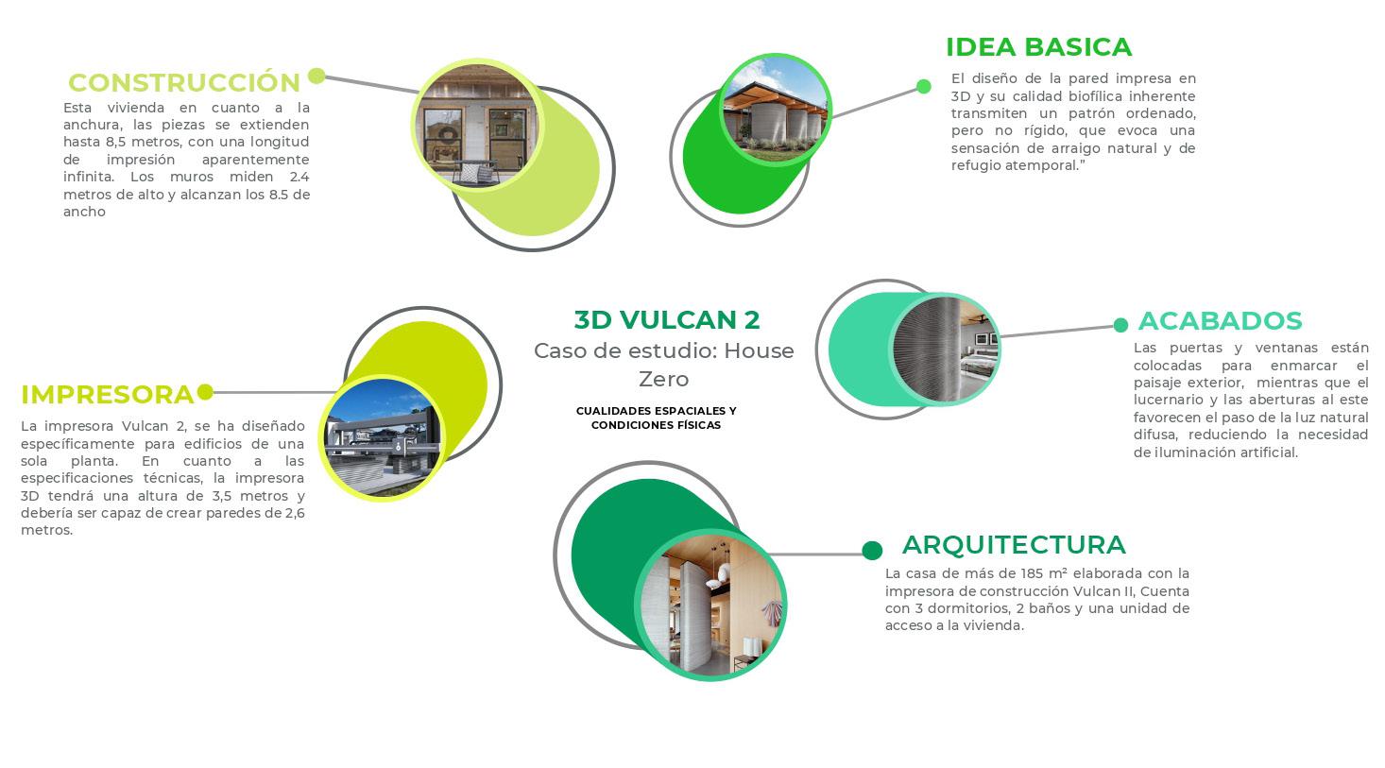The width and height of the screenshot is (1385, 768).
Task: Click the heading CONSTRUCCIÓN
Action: [x=183, y=81]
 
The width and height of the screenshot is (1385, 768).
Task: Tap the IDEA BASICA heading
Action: [x=1039, y=47]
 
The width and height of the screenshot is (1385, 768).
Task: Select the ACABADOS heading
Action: [x=1220, y=321]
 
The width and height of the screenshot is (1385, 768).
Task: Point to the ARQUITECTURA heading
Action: [x=1014, y=545]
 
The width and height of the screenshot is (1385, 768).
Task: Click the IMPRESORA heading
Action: [x=108, y=395]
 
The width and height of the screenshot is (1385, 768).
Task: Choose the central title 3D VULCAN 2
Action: [x=667, y=319]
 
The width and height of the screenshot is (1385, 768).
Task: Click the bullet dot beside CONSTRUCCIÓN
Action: [x=316, y=77]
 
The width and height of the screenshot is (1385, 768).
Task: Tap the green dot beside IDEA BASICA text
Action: [x=924, y=87]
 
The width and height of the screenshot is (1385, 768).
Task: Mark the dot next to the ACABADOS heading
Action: [x=1120, y=325]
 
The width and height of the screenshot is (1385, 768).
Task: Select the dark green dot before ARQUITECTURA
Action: [x=872, y=550]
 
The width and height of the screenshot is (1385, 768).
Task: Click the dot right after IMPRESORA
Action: [x=205, y=392]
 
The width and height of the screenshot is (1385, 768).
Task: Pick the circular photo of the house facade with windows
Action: [x=477, y=126]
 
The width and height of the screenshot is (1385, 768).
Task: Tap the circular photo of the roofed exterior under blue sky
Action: [x=776, y=111]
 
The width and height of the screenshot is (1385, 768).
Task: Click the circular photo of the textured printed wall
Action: [x=945, y=350]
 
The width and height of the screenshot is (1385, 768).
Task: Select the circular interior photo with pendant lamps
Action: [x=711, y=605]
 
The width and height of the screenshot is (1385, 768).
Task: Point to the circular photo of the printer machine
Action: [x=382, y=437]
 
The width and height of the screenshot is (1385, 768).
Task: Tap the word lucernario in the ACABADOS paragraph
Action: [x=1170, y=401]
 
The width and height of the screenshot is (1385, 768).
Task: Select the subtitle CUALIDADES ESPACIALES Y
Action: [x=656, y=411]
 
